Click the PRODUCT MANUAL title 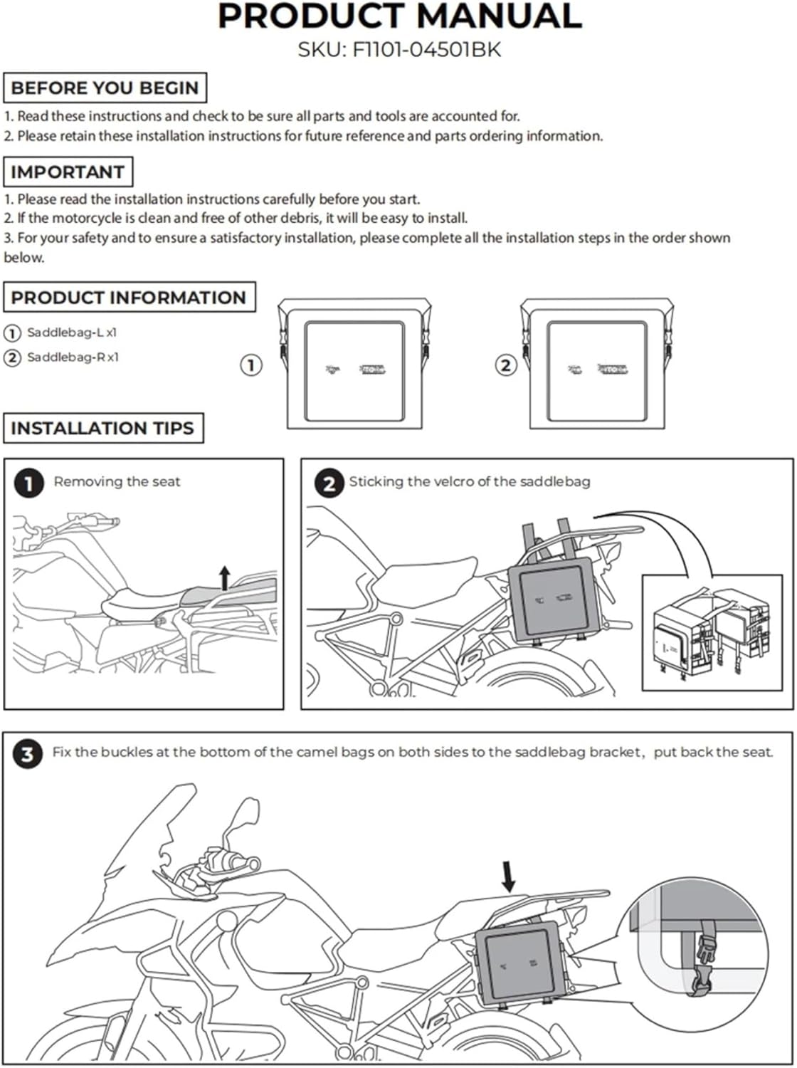tap(399, 16)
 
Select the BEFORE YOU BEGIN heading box tap(105, 88)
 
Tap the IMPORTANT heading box tap(68, 172)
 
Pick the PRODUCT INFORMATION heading tap(129, 297)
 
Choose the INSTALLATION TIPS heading tap(102, 428)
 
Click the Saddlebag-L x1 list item tap(72, 333)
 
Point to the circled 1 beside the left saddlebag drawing tap(250, 365)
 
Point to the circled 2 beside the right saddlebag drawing tap(505, 365)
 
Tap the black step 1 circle tap(28, 484)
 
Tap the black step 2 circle tap(328, 484)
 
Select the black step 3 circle tap(27, 754)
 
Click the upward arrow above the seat tap(225, 577)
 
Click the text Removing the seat tap(117, 482)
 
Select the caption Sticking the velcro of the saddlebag tap(469, 482)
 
